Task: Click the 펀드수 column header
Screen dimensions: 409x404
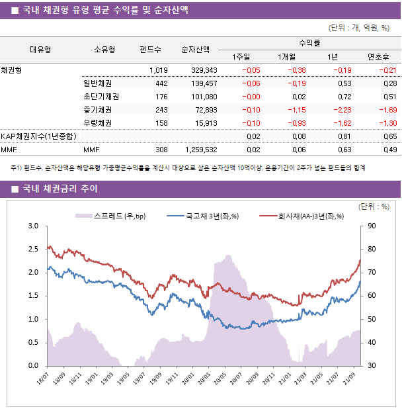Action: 150,49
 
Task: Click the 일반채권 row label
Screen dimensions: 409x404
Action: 97,83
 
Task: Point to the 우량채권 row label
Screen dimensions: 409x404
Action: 97,123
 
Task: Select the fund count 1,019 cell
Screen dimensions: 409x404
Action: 159,70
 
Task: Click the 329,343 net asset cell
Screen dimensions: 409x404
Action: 204,70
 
